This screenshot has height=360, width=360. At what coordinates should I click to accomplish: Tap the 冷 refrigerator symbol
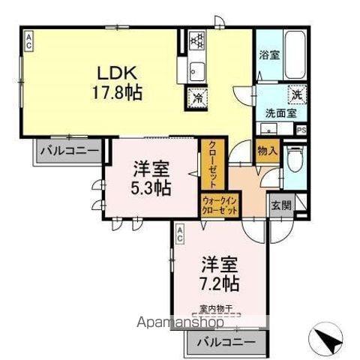(197, 97)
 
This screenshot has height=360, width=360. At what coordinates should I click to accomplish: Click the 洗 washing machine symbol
(296, 96)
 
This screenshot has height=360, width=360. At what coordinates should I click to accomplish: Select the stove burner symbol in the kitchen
(196, 38)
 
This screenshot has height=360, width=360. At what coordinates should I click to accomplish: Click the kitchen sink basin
(196, 70)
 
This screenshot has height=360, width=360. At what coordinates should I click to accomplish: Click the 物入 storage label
(266, 151)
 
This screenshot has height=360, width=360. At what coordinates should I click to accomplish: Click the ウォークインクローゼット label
(220, 205)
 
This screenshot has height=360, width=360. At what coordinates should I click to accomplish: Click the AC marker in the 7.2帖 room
(180, 234)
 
